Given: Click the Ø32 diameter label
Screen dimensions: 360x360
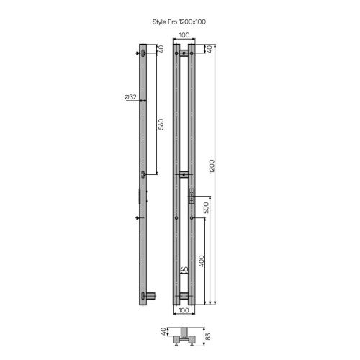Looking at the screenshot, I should coord(130,97).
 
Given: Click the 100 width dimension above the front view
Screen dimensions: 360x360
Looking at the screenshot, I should coord(184,35).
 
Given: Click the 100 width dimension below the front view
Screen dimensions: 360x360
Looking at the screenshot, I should coord(184,310).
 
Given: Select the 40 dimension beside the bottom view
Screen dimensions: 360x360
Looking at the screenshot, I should coord(164,332).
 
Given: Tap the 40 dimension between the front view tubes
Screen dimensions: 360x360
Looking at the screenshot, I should coord(184,269).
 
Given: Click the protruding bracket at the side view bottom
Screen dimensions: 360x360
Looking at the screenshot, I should coord(150,295).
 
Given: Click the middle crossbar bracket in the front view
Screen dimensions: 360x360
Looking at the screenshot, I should coord(184,174).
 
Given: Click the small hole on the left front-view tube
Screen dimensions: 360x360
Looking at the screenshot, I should coord(176,217).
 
